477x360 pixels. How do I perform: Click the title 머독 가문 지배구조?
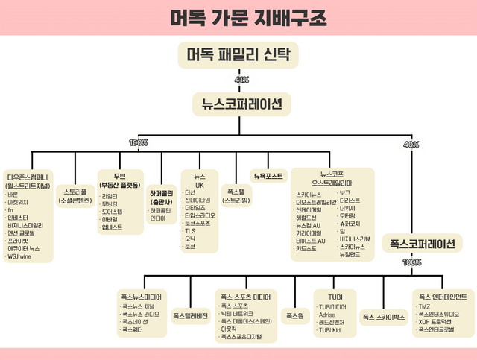[238, 17]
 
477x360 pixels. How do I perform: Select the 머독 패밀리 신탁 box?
[238, 54]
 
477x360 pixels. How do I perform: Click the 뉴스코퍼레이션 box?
[238, 105]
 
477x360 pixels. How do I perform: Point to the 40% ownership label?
[411, 144]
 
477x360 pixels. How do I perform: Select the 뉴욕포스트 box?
[268, 177]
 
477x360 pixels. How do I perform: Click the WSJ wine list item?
[20, 256]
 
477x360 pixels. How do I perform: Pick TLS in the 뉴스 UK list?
[190, 231]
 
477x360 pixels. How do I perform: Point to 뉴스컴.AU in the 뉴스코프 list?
[310, 225]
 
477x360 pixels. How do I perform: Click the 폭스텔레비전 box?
[190, 315]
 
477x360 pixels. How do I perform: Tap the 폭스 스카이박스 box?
[383, 317]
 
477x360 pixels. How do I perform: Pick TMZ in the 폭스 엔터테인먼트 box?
[424, 306]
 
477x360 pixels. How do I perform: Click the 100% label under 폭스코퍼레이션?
[411, 262]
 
